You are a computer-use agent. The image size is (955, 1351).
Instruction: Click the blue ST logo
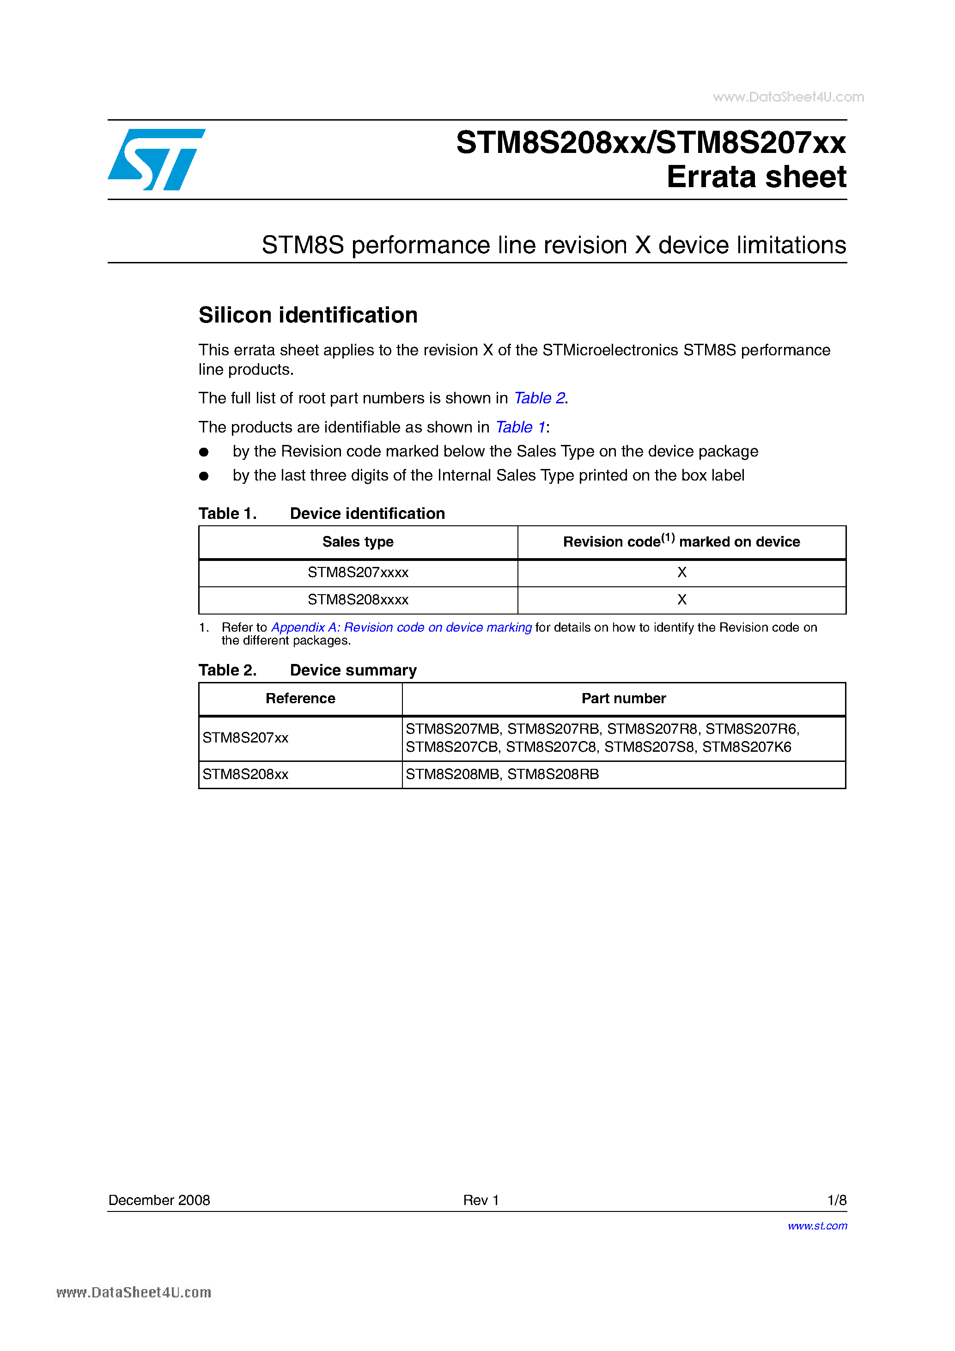(156, 159)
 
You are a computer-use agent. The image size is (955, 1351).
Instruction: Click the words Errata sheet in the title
(756, 177)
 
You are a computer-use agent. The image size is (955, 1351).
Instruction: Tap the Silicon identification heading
(308, 316)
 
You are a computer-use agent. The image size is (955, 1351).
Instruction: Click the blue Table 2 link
(540, 398)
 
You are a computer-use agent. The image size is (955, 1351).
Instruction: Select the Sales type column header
(358, 542)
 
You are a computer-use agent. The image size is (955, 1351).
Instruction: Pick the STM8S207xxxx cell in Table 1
(358, 572)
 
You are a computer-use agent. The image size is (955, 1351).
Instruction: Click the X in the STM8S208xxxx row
(682, 600)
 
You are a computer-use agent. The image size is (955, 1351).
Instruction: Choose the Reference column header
(300, 699)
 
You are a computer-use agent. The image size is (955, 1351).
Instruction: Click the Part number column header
(624, 699)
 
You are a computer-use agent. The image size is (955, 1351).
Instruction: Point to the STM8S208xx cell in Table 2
(245, 774)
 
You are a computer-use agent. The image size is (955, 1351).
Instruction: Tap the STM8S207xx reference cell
(245, 738)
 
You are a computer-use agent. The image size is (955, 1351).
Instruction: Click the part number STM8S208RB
(553, 774)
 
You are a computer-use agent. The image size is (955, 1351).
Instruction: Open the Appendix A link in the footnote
(401, 627)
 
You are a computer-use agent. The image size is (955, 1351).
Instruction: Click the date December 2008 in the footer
(159, 1200)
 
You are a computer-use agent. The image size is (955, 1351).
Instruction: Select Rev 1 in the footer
(481, 1200)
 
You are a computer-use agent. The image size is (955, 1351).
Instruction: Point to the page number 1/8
(836, 1200)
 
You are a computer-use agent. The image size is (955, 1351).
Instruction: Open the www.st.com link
(817, 1226)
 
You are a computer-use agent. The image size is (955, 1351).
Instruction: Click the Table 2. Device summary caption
(307, 670)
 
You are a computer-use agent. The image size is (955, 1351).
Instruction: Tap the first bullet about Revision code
(495, 451)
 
